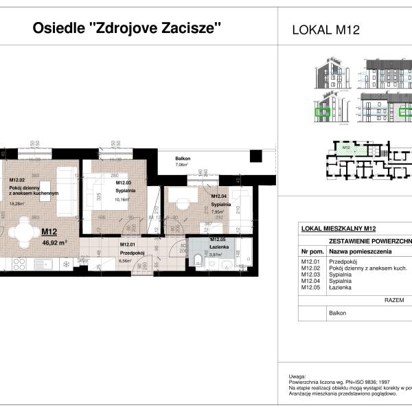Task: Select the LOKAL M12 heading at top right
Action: [326, 30]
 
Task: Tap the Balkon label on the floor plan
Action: [182, 159]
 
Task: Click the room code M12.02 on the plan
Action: [19, 180]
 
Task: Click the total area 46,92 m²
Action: [54, 242]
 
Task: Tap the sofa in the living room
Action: [66, 185]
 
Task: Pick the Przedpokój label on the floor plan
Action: [131, 251]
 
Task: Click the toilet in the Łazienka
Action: [198, 260]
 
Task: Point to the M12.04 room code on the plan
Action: [219, 196]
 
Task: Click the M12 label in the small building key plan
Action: [347, 148]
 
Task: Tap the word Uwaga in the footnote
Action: [297, 376]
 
